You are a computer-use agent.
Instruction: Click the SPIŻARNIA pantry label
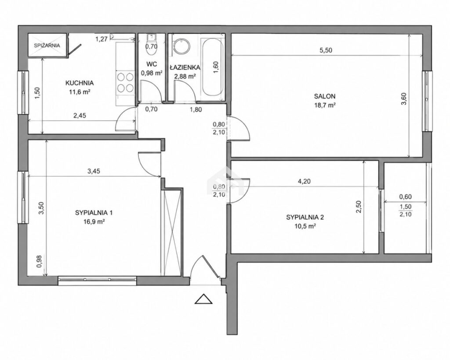47,45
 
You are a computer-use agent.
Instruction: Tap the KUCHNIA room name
80,83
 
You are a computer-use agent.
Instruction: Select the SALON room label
325,96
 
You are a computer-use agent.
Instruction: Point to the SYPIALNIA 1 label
94,212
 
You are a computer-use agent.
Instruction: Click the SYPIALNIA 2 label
305,217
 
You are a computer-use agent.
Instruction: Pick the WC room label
152,64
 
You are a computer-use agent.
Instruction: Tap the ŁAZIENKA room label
185,67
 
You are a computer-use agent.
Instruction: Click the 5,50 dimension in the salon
326,50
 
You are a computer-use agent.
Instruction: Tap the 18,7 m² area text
325,105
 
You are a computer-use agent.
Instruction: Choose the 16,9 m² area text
94,222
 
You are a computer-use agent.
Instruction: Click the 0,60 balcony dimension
406,197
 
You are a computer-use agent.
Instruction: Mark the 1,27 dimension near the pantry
102,39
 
